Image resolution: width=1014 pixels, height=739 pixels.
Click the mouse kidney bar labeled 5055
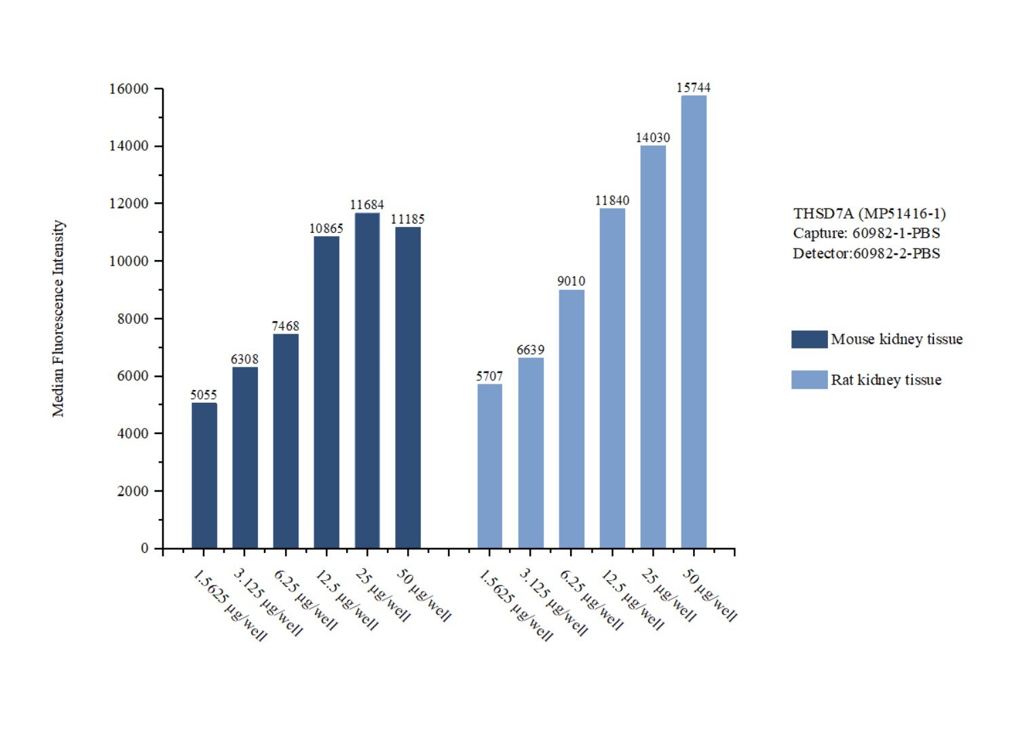204,475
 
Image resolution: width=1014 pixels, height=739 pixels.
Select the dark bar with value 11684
367,380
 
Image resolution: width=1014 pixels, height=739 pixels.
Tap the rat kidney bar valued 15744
694,322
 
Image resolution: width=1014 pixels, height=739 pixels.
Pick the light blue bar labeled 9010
571,419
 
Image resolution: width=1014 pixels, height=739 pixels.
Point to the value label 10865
326,229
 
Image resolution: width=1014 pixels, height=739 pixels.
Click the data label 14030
653,138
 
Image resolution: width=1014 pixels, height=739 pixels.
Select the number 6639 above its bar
530,350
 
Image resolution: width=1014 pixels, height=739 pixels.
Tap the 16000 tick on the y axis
129,89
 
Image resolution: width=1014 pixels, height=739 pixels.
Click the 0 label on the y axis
145,548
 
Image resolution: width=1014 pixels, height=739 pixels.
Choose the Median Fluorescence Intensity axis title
58,319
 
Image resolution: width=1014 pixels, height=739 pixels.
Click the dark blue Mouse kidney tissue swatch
809,340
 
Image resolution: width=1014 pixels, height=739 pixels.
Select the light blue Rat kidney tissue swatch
809,380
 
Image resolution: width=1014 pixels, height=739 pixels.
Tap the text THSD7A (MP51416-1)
869,214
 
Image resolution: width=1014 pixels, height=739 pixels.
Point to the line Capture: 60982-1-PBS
867,234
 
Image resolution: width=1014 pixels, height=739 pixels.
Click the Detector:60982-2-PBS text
867,254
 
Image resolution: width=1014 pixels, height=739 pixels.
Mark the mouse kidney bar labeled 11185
408,387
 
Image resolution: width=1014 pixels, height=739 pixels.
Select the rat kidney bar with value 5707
489,466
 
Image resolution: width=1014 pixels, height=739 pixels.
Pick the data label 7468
286,326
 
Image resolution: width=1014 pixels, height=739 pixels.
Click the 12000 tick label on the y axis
129,204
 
